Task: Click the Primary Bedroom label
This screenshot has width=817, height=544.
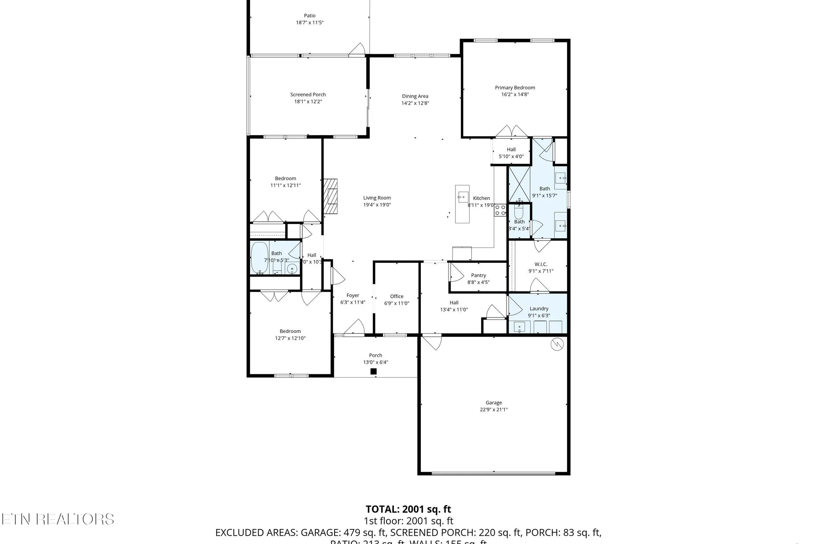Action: point(515,88)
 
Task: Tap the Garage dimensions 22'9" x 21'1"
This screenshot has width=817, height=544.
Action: point(493,410)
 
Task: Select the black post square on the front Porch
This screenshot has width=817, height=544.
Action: point(373,371)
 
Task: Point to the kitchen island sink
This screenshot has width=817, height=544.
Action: point(462,197)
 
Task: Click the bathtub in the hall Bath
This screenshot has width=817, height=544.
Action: point(259,258)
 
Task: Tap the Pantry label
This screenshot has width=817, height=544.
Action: point(478,275)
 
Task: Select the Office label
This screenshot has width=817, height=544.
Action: point(396,296)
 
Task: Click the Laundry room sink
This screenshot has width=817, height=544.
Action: point(519,327)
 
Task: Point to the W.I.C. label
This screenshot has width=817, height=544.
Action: point(540,264)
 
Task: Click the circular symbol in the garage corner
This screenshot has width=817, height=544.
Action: point(557,344)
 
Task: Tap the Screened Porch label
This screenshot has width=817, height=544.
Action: point(308,95)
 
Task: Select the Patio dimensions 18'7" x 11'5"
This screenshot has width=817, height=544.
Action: point(310,23)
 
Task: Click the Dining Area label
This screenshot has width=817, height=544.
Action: point(415,96)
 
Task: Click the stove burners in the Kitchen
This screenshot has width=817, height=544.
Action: point(500,210)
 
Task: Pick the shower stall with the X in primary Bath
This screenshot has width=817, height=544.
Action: point(519,184)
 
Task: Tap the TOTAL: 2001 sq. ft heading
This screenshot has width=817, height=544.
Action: point(408,509)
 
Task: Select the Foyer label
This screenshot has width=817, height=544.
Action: point(353,295)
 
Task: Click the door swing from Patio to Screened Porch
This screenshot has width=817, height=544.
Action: point(357,49)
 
